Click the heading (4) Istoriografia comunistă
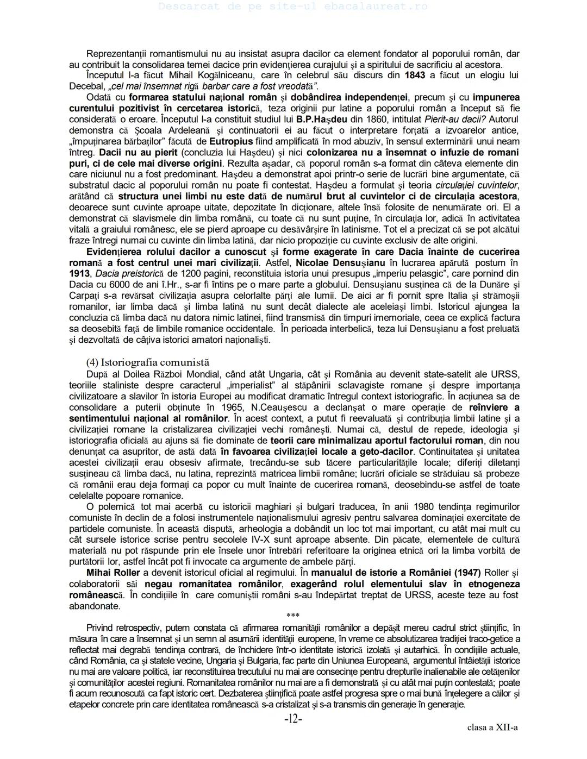147,362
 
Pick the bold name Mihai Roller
113,573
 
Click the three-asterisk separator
293,616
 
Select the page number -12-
293,719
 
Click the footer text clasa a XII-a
492,727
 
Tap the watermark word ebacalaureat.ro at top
375,7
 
